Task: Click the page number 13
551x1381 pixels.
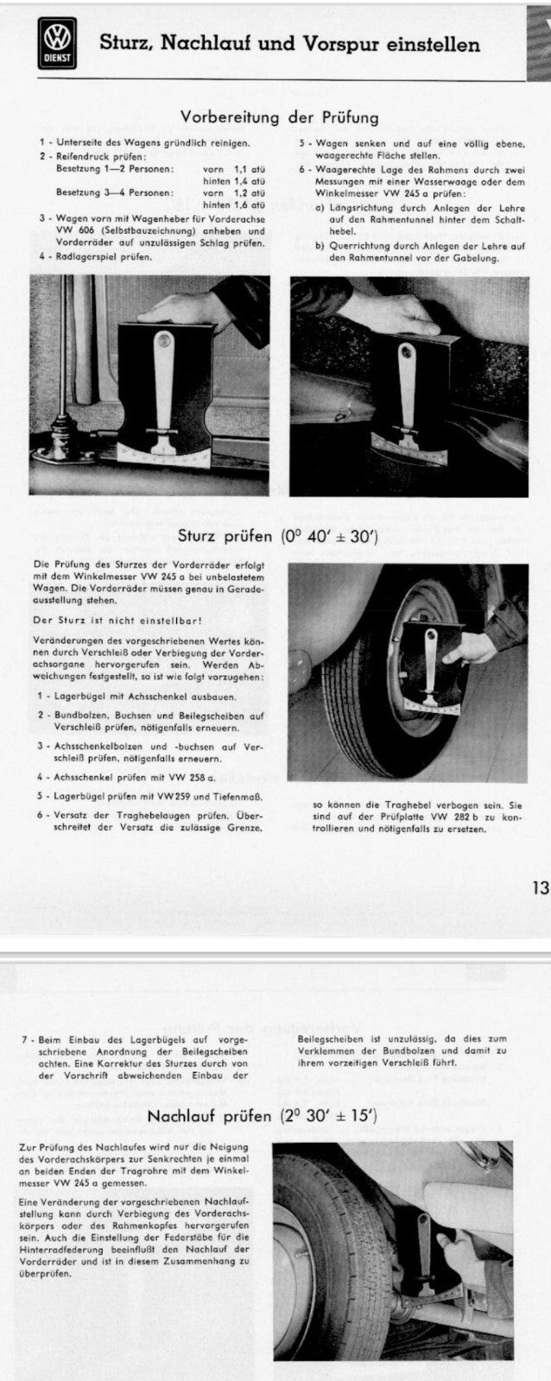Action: tap(541, 887)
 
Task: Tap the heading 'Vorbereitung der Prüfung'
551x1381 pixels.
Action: tap(279, 117)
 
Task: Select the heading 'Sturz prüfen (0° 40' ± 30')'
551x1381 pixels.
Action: tap(277, 535)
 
